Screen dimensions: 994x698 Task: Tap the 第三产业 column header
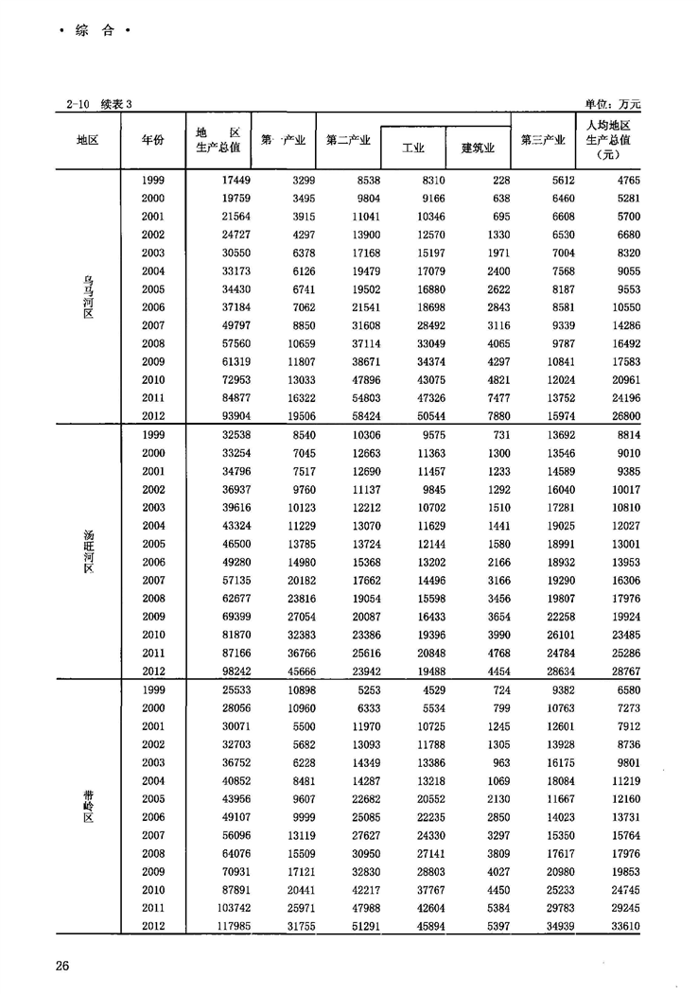(543, 140)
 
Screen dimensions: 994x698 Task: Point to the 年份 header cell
(152, 140)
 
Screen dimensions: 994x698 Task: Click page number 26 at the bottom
(62, 966)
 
